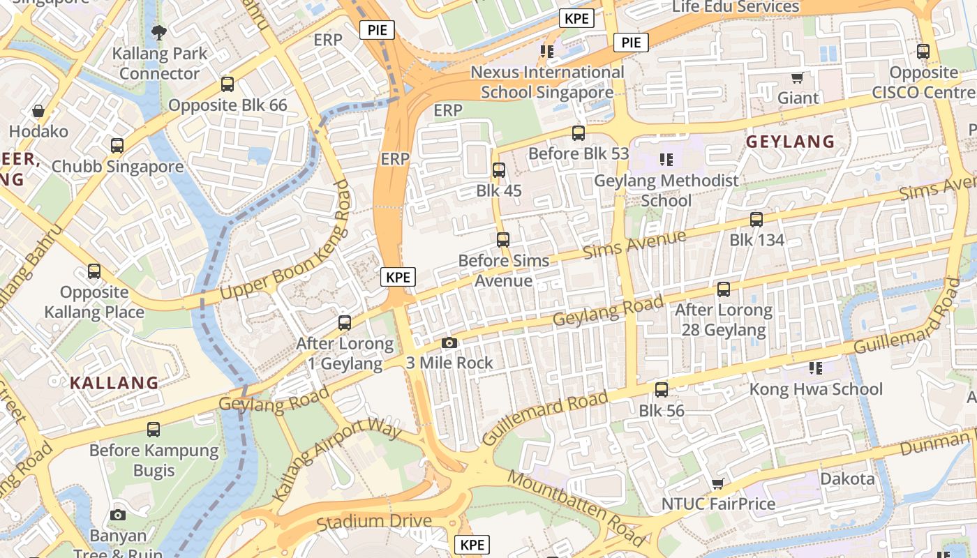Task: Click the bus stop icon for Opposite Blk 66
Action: [228, 84]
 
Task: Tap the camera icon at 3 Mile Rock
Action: [449, 342]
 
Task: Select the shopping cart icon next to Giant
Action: [797, 77]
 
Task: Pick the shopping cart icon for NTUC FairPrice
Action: [717, 483]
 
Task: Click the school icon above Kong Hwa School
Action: [815, 368]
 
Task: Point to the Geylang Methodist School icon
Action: [666, 160]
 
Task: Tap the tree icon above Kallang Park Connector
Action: [159, 32]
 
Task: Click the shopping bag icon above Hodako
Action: [38, 111]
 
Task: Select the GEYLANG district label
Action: [791, 142]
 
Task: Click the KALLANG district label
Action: [114, 382]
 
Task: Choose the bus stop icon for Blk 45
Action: [499, 169]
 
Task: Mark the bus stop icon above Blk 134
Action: [756, 220]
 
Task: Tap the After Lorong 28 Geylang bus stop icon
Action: [724, 289]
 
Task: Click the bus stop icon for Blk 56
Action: [662, 390]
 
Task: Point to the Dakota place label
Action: [847, 478]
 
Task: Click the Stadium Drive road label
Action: [374, 521]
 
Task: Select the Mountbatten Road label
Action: [575, 508]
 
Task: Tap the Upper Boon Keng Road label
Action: [286, 241]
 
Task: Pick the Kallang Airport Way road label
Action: [337, 460]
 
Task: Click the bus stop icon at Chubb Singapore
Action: [117, 146]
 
